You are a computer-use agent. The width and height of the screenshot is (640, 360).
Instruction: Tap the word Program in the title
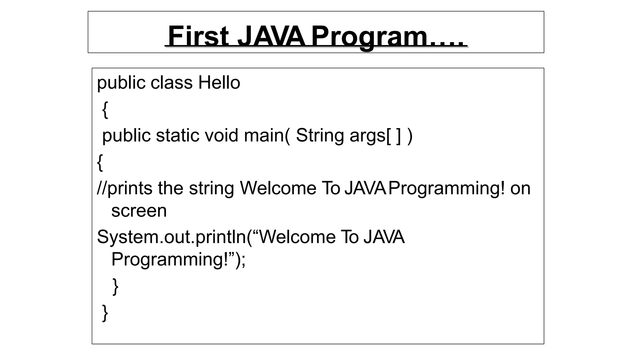click(x=369, y=37)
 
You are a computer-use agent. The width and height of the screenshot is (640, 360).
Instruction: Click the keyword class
click(x=172, y=83)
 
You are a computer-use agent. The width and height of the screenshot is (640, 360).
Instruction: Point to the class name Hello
click(x=219, y=83)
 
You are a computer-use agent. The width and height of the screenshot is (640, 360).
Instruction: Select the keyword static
click(x=177, y=136)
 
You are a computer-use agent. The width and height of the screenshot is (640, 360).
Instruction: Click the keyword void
click(x=222, y=136)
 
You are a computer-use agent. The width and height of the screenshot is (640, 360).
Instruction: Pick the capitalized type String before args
click(x=320, y=136)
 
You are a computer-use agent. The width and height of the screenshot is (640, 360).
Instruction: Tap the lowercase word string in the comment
click(x=211, y=188)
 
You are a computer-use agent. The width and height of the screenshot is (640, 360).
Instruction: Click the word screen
click(x=139, y=211)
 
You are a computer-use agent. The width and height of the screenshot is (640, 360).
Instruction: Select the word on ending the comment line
click(x=520, y=188)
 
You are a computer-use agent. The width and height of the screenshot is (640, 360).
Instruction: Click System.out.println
click(x=172, y=237)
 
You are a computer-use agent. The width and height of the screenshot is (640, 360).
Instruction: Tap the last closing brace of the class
click(x=105, y=312)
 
